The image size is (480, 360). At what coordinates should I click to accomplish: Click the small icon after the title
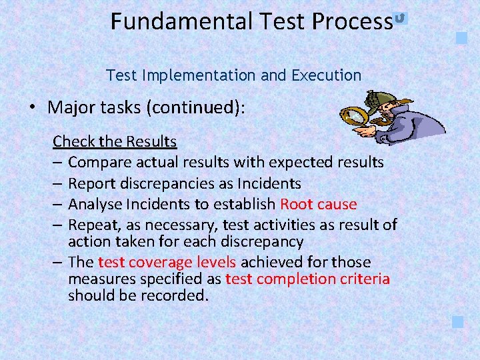[x=400, y=18]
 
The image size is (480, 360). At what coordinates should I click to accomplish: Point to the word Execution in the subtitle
[x=326, y=75]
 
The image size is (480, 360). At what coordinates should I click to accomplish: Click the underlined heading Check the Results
[x=115, y=141]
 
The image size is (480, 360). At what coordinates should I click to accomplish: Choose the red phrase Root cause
[x=319, y=204]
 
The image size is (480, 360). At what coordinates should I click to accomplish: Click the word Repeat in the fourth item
[x=92, y=225]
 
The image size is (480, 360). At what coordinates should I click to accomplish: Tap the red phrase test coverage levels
[x=167, y=262]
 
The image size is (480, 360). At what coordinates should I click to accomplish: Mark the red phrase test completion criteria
[x=307, y=279]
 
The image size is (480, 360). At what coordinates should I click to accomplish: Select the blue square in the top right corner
[x=461, y=37]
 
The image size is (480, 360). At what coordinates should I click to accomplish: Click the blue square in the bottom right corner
[x=457, y=322]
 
